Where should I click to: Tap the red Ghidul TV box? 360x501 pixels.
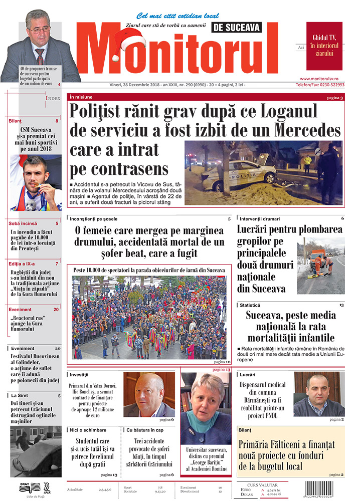[324, 46]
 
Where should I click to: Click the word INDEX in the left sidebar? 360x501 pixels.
[53, 98]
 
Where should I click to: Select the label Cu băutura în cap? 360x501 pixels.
[145, 430]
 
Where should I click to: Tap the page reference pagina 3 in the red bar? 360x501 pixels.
[334, 97]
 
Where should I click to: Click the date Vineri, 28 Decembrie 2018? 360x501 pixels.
[130, 86]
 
